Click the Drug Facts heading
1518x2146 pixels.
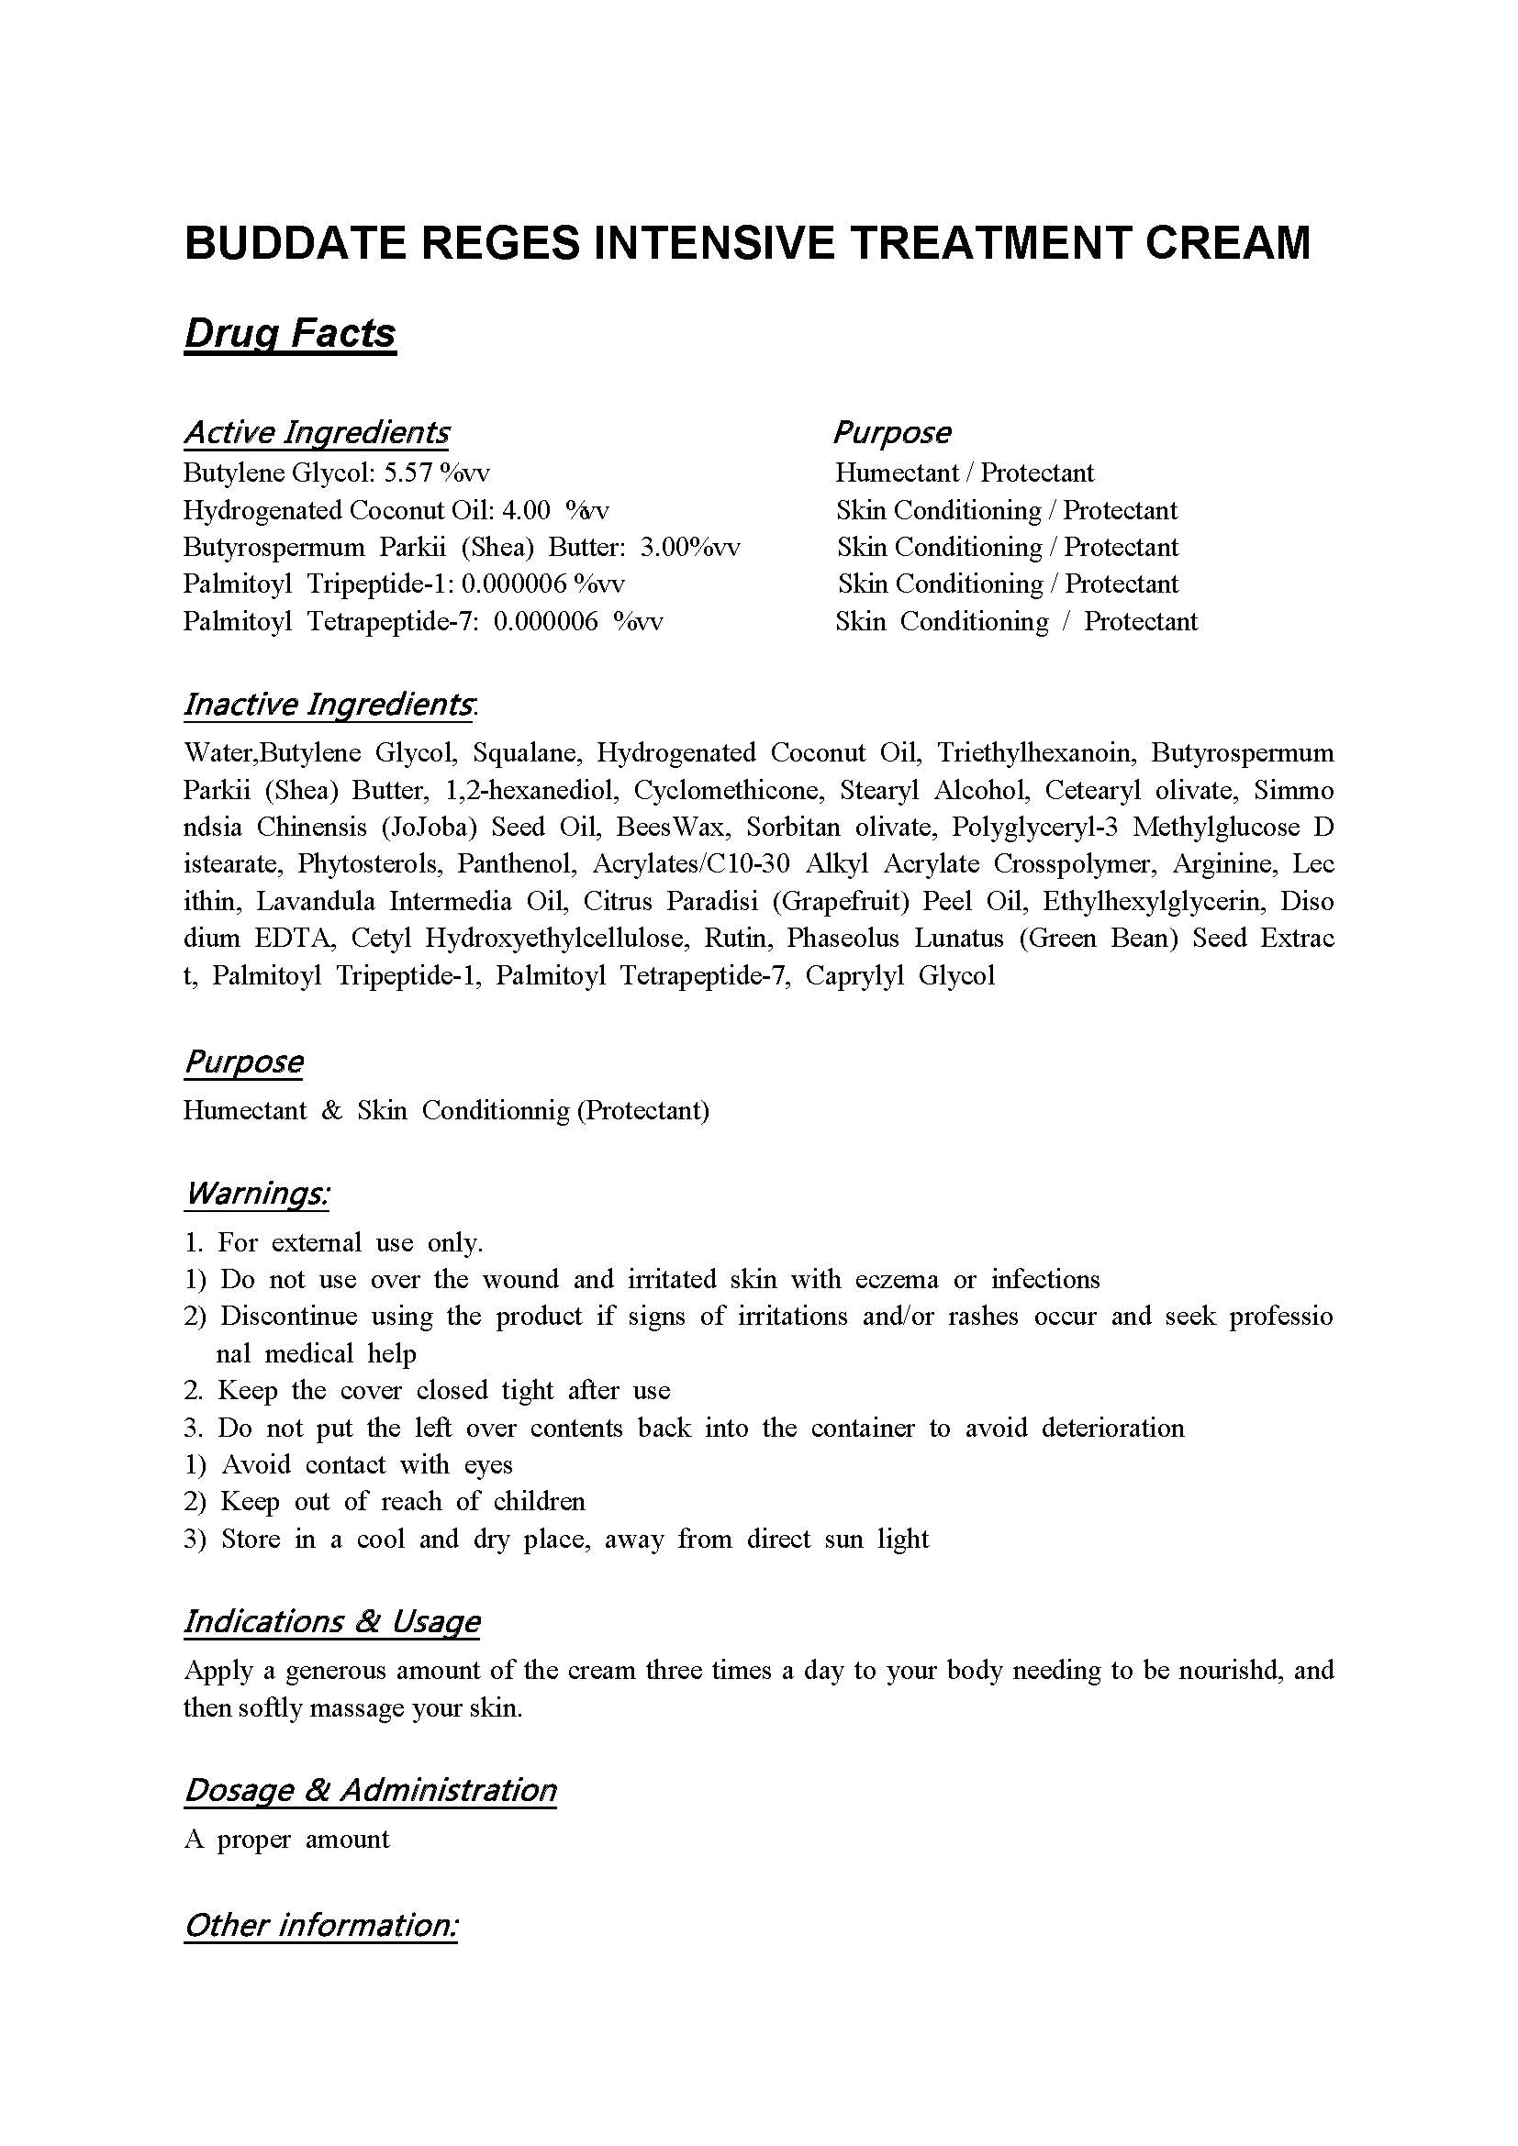pyautogui.click(x=290, y=334)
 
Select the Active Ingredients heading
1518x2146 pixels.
pyautogui.click(x=316, y=432)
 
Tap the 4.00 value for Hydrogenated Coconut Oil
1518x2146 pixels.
pyautogui.click(x=526, y=510)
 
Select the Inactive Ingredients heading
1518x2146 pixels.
pyautogui.click(x=328, y=705)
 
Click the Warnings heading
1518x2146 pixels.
pyautogui.click(x=257, y=1194)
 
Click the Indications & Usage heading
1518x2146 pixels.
pyautogui.click(x=332, y=1620)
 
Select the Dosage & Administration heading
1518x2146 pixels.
pyautogui.click(x=370, y=1789)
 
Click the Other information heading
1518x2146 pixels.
pyautogui.click(x=320, y=1926)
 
